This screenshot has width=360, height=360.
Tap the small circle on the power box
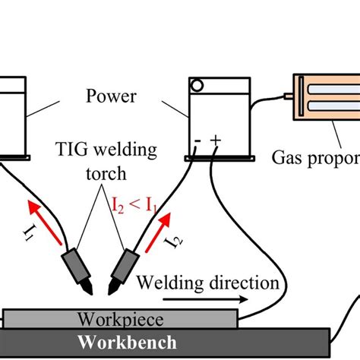click(x=197, y=85)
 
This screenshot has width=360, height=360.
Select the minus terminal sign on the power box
click(x=197, y=141)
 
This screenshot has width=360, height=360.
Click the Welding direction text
click(x=210, y=283)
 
